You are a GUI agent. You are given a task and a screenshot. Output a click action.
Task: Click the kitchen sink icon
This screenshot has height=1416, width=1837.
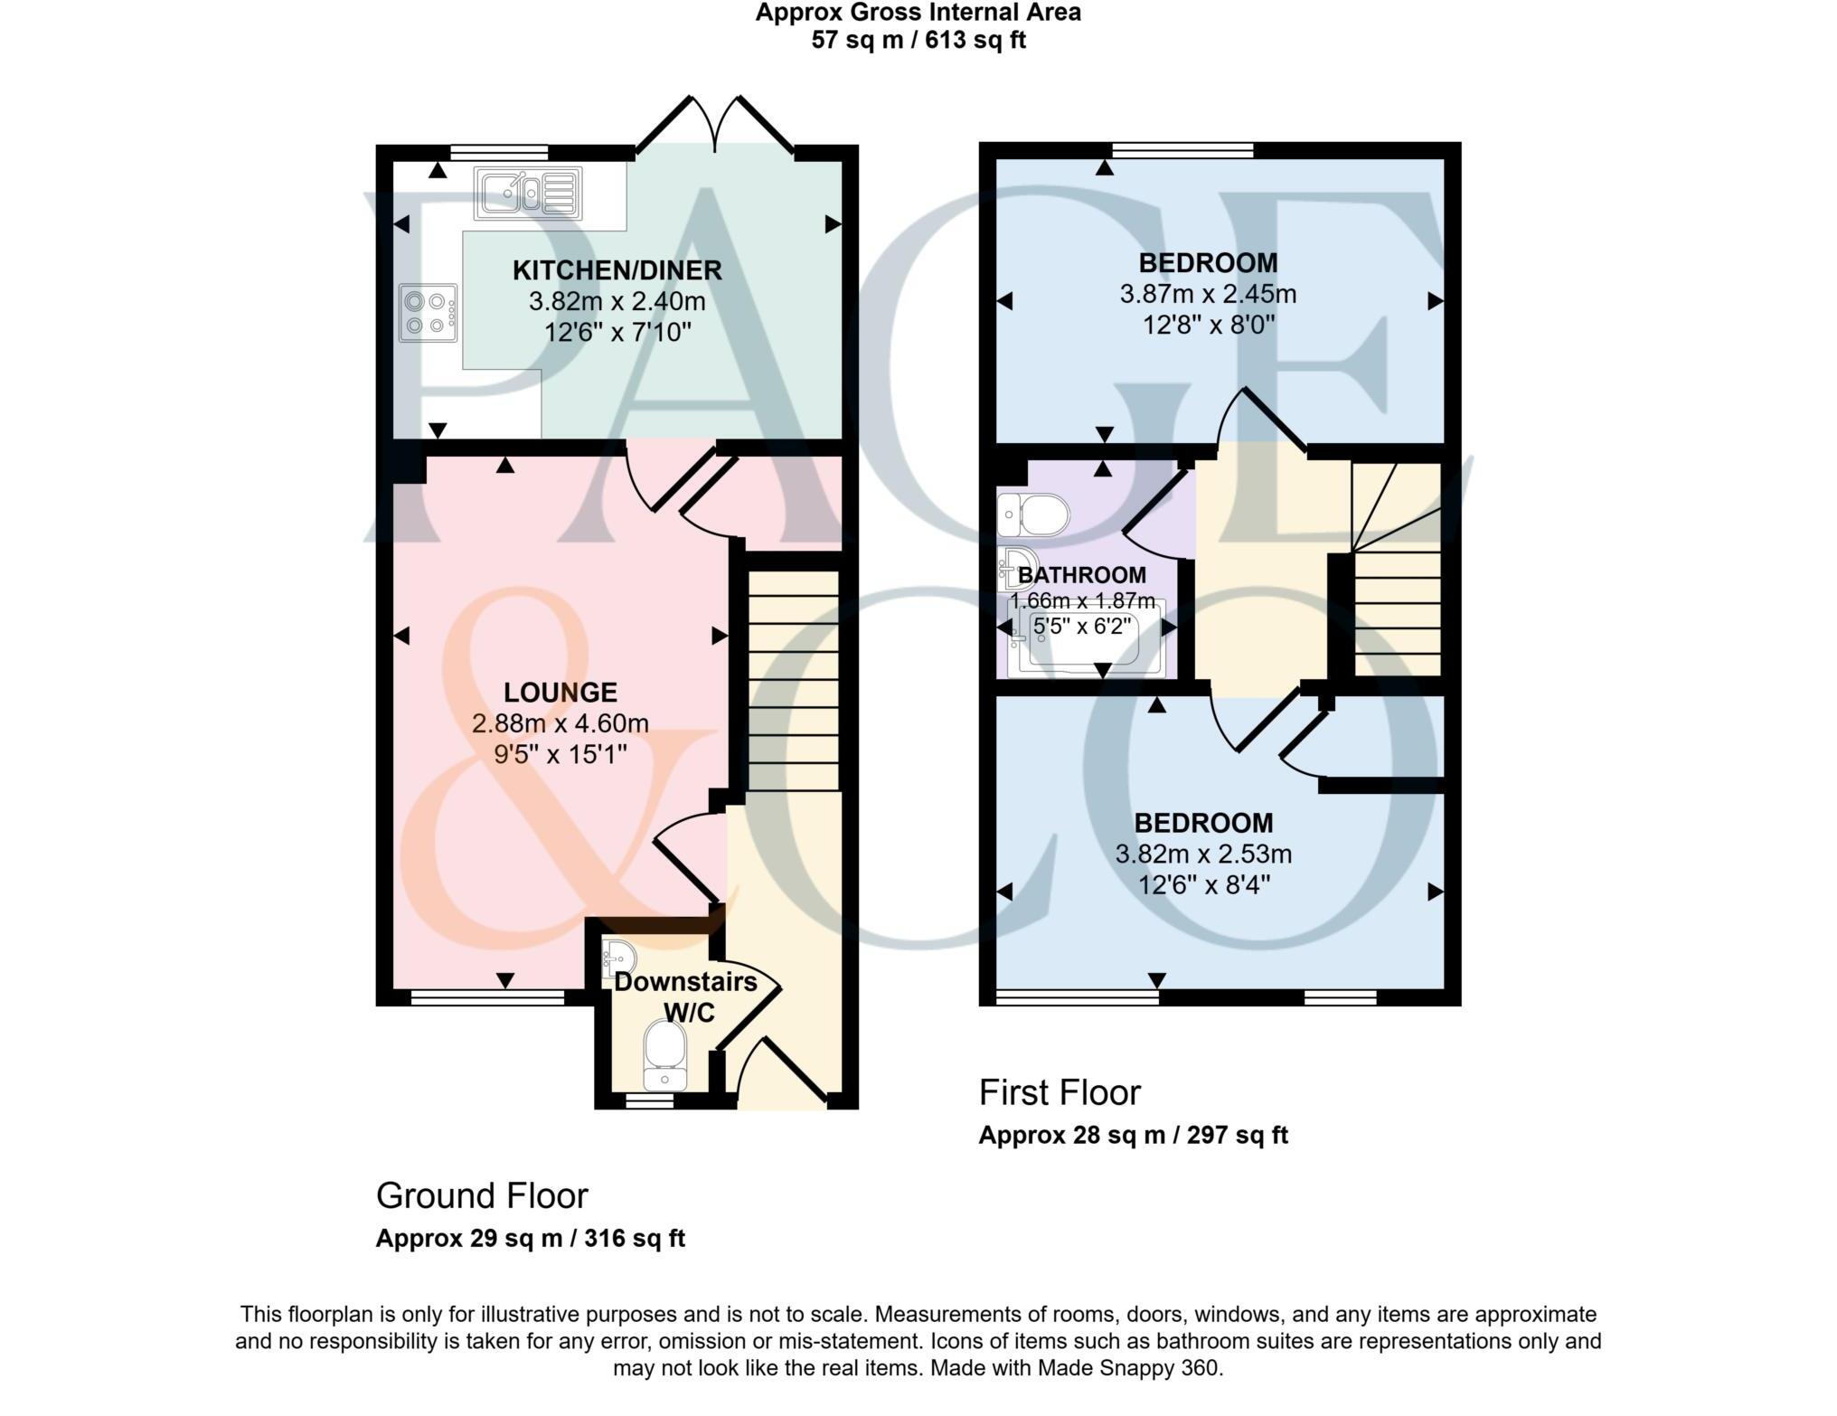click(528, 194)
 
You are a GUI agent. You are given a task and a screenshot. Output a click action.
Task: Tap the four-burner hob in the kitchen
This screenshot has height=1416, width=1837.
click(429, 313)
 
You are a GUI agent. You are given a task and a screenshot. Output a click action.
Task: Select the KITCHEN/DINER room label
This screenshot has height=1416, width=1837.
click(617, 270)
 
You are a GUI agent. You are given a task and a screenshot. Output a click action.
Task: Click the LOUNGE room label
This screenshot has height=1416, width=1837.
click(561, 693)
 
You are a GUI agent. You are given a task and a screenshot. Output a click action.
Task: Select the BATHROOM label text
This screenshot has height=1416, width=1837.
click(1082, 575)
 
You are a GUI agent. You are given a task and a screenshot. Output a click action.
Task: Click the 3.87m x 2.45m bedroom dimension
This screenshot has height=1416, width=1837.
click(1208, 294)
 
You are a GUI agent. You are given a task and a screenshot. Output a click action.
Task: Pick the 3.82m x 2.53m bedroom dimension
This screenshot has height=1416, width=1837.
click(1203, 854)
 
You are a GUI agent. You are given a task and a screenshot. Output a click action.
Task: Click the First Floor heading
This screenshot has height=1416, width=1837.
click(1060, 1093)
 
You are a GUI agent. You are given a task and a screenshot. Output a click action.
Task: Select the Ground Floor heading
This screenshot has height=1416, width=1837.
click(482, 1196)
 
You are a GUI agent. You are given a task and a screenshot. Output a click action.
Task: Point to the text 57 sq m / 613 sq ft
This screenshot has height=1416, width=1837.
click(918, 41)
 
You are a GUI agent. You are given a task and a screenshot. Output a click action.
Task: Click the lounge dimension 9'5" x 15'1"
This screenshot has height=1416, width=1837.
click(561, 754)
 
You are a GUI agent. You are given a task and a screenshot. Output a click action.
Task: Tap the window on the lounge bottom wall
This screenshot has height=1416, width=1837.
click(487, 997)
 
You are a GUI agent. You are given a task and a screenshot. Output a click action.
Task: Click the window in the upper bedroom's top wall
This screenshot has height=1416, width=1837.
click(1182, 150)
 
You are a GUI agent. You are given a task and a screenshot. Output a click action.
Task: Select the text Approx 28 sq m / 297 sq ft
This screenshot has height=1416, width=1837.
click(1133, 1136)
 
